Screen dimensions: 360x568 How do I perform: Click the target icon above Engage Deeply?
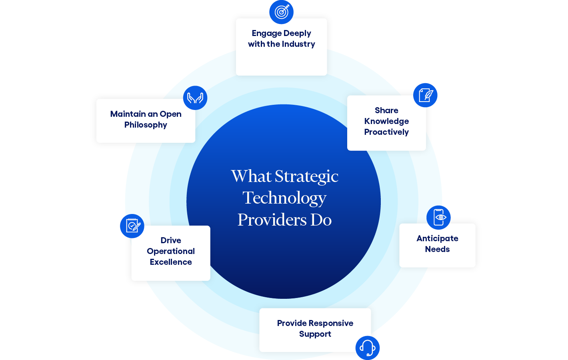coord(281,12)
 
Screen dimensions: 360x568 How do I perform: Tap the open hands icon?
coord(195,98)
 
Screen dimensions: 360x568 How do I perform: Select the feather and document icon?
coord(425,95)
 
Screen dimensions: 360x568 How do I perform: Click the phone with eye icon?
coord(438,218)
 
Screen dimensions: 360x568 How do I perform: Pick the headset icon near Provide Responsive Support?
coord(367,348)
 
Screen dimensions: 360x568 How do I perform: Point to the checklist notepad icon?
coord(132,226)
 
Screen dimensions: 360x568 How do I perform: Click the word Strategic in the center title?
coord(306,176)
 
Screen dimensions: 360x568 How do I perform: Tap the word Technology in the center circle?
coord(284,198)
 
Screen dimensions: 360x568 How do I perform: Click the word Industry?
coord(298,44)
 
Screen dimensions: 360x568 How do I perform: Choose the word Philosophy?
coord(146,125)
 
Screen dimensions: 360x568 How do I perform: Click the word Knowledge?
coord(386,121)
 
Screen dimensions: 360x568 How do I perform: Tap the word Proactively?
coord(386,132)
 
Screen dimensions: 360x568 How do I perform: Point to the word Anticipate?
coord(437,238)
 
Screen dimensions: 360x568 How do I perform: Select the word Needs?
coord(437,249)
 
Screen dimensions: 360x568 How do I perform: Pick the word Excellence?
coord(171,262)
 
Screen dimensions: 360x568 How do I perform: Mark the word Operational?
coord(171,251)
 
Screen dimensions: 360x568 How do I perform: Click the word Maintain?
coord(128,114)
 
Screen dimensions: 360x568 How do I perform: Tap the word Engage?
coord(266,34)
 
